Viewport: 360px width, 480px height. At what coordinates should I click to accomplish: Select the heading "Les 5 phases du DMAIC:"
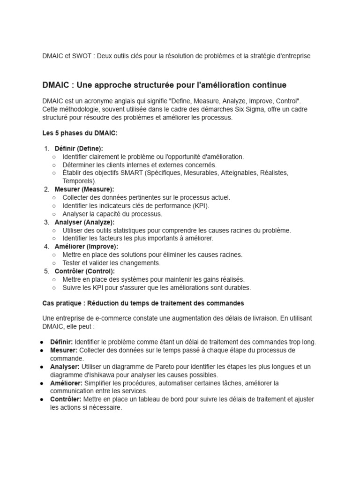point(80,133)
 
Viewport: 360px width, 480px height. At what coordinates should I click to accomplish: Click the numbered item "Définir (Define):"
point(79,149)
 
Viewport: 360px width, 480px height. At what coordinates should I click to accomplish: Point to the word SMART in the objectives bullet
point(131,173)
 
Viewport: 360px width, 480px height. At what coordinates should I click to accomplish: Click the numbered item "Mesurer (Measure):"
point(84,189)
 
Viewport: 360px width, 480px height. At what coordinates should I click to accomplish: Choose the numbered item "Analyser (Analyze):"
point(84,222)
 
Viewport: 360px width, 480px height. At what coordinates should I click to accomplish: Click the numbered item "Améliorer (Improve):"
point(86,247)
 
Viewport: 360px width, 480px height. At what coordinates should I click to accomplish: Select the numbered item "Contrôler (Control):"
point(84,271)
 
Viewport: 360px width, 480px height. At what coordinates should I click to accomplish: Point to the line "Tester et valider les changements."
point(112,263)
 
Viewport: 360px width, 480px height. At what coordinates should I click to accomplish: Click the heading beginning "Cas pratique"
point(143,303)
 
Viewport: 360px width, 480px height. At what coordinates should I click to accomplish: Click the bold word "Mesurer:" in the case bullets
point(64,350)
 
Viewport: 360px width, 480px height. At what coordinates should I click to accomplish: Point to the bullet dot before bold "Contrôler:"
point(42,399)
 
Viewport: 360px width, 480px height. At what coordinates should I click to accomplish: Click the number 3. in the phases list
point(46,222)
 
